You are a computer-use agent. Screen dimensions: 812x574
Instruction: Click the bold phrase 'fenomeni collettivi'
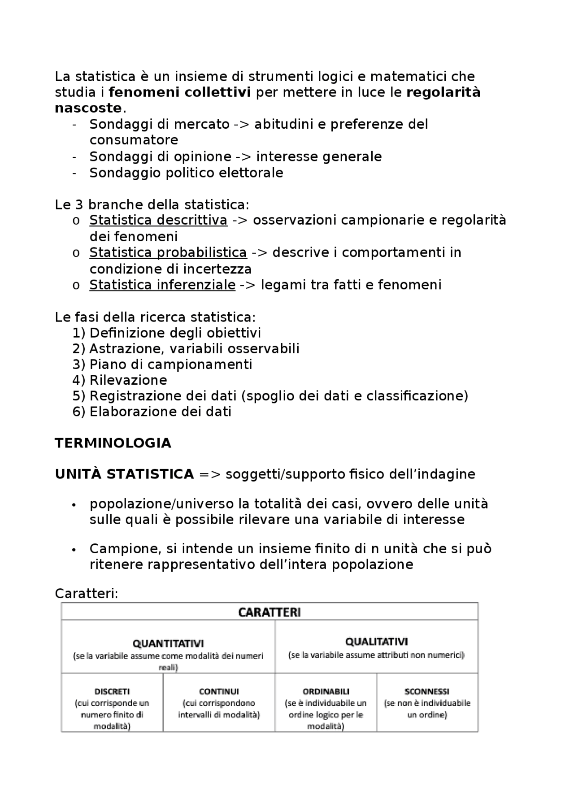(179, 92)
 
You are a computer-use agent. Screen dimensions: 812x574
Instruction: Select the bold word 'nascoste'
(88, 109)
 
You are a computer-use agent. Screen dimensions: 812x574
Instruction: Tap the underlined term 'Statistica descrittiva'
(158, 221)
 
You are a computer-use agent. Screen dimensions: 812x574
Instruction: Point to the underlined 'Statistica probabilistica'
(168, 253)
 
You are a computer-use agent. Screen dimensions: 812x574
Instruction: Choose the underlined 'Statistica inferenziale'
(162, 285)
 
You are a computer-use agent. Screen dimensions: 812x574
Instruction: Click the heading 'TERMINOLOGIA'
(113, 443)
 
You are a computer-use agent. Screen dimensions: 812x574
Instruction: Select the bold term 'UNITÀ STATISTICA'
(124, 474)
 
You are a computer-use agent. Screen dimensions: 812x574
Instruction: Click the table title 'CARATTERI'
(270, 612)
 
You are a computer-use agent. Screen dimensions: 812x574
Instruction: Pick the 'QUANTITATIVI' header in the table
(168, 643)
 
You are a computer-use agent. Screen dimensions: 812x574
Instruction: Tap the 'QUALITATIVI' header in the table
(377, 642)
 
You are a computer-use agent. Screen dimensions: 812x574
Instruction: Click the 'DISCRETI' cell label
(112, 692)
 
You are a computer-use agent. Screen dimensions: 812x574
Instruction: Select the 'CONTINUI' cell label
(219, 692)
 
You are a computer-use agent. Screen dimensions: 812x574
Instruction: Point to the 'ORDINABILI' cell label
(326, 692)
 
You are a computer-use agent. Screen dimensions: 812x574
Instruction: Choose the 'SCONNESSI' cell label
(427, 692)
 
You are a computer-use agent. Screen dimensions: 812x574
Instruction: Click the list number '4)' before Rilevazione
(78, 381)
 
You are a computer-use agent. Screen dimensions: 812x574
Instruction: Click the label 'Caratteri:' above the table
(87, 594)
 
